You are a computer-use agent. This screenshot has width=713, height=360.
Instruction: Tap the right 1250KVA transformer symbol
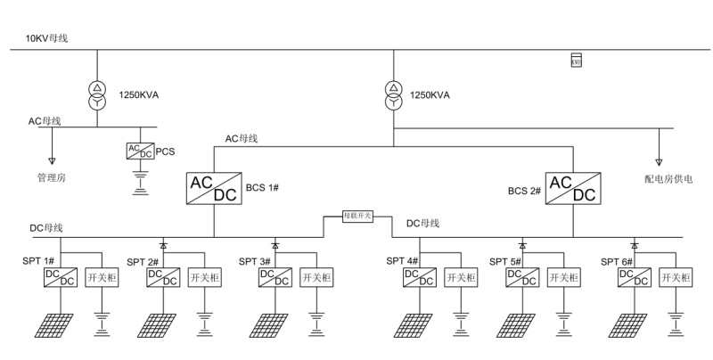391,95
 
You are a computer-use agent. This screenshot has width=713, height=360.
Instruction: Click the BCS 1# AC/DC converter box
212,188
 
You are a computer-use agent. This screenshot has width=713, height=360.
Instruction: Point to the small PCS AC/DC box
140,151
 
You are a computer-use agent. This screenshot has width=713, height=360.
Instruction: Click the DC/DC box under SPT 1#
61,277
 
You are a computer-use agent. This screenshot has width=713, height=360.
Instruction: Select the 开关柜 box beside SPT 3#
316,277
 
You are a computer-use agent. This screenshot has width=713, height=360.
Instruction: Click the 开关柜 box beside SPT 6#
675,277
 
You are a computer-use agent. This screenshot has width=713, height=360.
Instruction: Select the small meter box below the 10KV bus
576,61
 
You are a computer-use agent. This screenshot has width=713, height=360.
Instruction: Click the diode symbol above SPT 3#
275,243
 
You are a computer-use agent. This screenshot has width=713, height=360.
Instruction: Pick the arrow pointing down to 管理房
52,160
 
